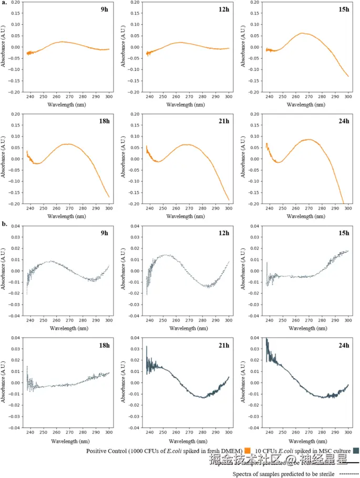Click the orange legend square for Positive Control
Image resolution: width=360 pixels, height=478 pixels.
pos(247,450)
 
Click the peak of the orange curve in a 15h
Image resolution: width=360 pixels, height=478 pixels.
pos(302,33)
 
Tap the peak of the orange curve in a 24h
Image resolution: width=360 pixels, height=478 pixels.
pos(310,139)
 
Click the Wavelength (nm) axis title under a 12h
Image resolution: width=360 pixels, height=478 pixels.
pos(187,105)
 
